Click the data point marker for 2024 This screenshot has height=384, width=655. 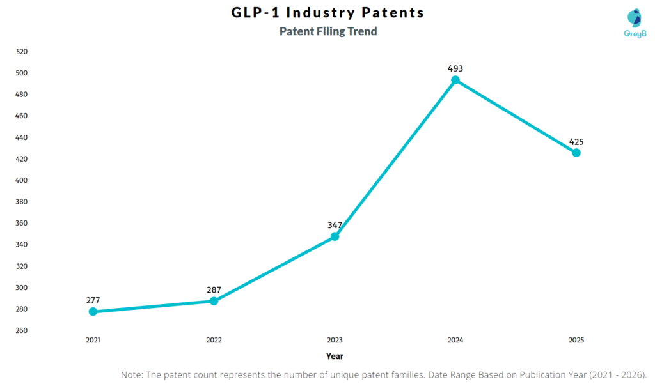455,80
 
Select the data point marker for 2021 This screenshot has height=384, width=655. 93,312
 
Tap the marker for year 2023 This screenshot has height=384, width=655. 335,236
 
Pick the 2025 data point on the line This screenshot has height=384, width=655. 576,153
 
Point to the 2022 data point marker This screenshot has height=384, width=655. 214,301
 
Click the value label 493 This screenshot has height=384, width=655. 455,68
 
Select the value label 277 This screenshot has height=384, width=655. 93,300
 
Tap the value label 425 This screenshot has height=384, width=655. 576,142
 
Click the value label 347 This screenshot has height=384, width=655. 335,226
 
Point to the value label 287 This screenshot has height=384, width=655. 214,290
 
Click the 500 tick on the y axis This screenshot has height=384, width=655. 22,73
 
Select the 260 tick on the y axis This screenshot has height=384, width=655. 22,331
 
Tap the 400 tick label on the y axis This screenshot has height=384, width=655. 22,180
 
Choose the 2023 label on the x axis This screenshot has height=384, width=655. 335,341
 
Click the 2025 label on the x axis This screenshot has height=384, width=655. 576,341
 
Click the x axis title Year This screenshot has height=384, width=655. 335,356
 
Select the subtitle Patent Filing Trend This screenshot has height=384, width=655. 328,31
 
